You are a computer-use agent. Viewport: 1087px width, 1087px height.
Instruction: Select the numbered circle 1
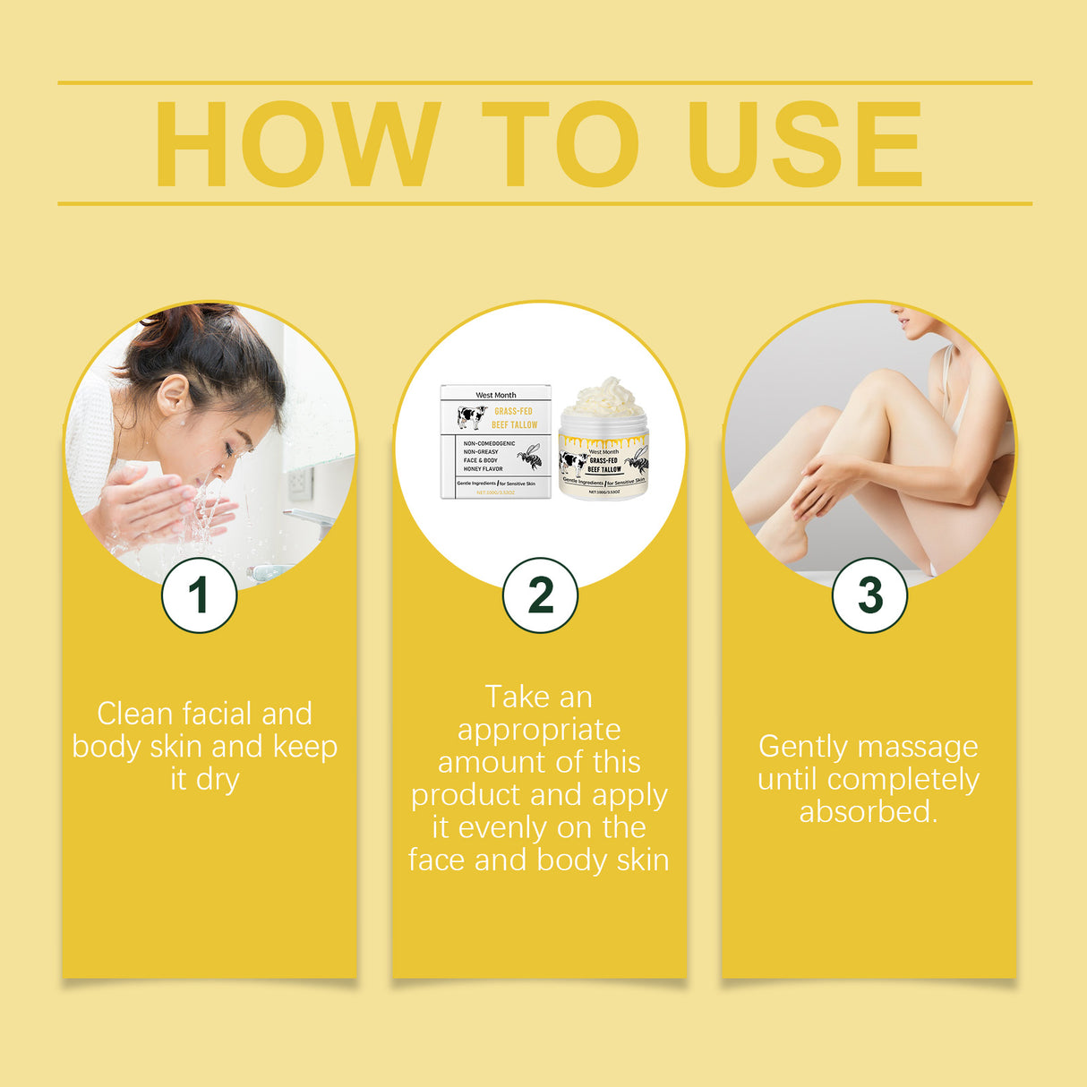tap(199, 595)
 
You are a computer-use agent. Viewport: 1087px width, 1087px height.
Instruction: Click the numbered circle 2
tap(540, 595)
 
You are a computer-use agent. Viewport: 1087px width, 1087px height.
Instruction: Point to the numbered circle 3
tap(869, 595)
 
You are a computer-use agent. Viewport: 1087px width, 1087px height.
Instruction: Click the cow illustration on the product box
tap(471, 417)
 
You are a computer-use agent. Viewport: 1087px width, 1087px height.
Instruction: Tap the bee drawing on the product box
tap(530, 457)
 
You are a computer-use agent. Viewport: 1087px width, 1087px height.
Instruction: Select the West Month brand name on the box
tap(495, 395)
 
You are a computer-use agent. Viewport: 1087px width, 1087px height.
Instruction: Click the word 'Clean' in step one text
tap(134, 714)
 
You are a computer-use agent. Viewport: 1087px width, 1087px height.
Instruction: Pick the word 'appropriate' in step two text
tap(539, 730)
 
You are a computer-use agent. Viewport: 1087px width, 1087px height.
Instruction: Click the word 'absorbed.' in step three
tap(868, 811)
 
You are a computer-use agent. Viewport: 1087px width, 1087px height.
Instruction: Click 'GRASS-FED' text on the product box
tap(513, 412)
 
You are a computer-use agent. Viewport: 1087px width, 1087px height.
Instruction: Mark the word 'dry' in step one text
tap(218, 780)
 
